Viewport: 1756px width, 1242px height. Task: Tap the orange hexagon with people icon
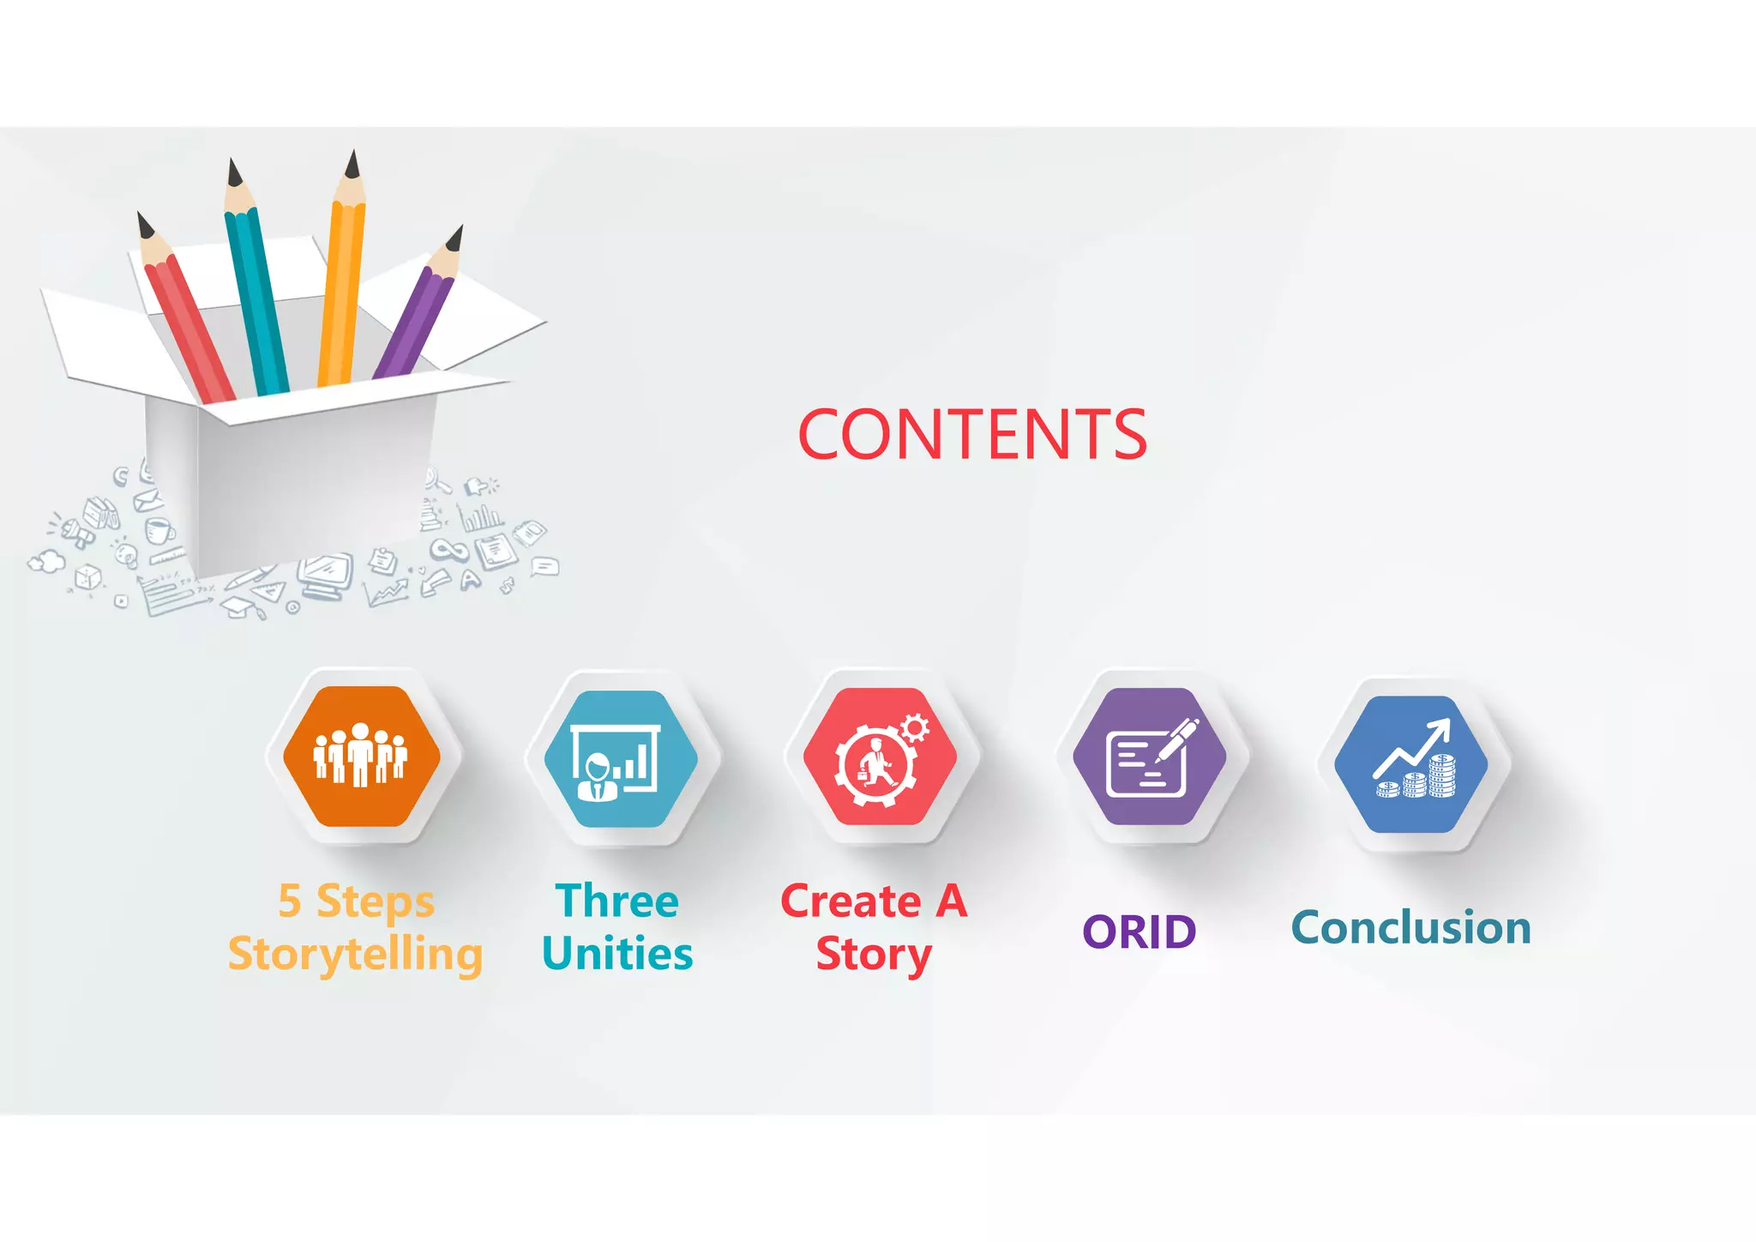point(362,756)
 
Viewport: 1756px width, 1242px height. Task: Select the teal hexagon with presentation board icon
point(621,759)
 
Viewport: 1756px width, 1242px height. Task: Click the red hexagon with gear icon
point(880,757)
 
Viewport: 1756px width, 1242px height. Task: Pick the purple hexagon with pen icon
point(1149,757)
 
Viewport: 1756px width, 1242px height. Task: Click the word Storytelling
point(355,955)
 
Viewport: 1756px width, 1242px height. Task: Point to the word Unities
point(617,955)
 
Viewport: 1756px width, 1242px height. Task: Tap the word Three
point(617,901)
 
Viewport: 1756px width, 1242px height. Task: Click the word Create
point(851,901)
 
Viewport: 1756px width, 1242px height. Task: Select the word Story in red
point(873,955)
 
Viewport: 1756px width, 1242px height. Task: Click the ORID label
point(1139,932)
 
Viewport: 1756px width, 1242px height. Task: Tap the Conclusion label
point(1411,928)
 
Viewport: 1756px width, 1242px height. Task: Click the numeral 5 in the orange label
point(290,901)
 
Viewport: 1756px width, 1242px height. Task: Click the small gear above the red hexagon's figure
point(915,728)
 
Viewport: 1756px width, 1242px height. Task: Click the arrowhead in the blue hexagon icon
point(1441,727)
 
